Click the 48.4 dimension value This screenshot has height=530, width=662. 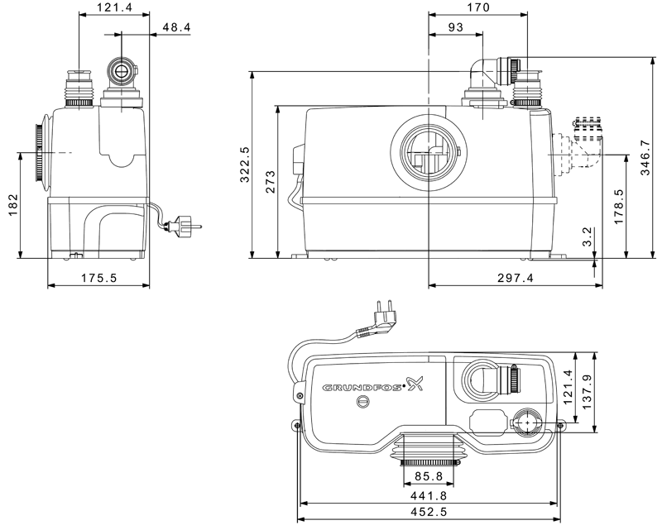176,27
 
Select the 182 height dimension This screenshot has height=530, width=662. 13,205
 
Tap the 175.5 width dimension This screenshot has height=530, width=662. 98,278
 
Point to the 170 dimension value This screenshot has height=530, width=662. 478,7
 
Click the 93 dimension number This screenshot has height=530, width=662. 456,27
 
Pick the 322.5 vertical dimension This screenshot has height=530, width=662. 244,165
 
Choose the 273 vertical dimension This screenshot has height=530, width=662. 270,181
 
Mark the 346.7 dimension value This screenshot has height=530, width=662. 645,158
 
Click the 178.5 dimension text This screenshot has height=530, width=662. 618,207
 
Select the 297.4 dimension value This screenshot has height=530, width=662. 515,278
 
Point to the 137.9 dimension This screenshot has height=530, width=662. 588,392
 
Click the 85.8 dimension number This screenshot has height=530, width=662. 429,476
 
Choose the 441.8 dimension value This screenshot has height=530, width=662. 429,495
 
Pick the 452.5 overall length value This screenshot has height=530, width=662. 429,512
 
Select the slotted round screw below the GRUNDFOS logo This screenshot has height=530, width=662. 362,402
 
